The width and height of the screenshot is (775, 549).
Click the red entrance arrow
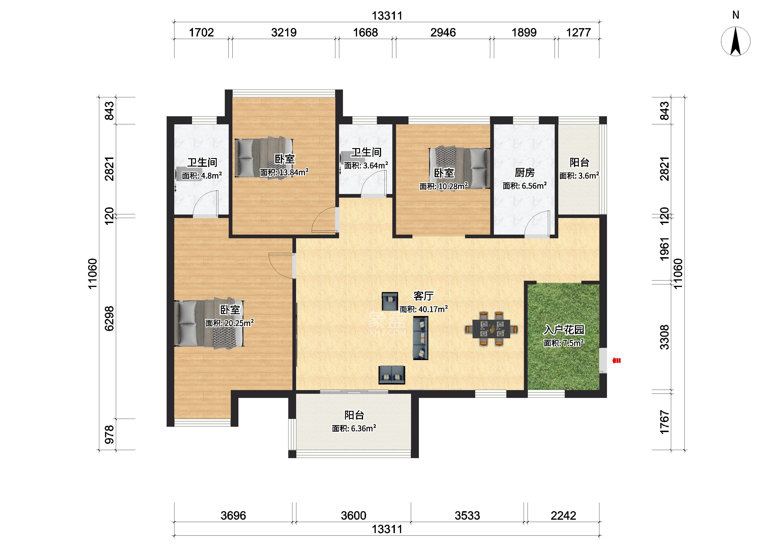tap(617, 361)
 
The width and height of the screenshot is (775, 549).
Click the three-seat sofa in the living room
tap(421, 338)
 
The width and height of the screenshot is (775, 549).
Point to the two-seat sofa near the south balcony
tap(392, 375)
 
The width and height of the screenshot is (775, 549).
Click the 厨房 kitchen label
tap(524, 173)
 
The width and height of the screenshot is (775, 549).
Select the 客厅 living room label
tap(423, 296)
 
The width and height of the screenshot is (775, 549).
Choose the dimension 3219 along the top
tap(284, 33)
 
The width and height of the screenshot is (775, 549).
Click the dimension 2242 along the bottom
tap(563, 516)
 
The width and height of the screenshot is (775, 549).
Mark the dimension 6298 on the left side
tap(109, 319)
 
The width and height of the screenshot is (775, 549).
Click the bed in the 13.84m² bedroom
tap(264, 158)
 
